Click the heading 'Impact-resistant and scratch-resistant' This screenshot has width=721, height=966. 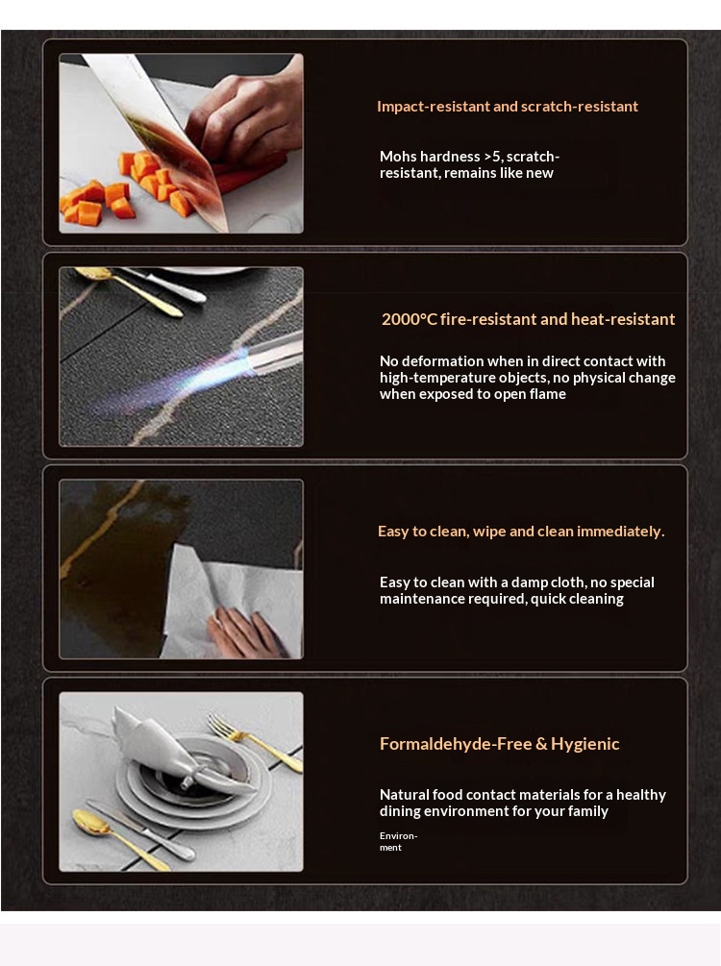click(x=508, y=107)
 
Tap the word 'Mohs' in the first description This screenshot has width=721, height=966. click(x=397, y=157)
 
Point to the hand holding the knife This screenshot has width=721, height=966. click(x=246, y=114)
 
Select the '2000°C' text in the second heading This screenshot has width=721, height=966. click(x=410, y=319)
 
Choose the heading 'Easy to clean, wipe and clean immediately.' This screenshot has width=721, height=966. click(x=521, y=532)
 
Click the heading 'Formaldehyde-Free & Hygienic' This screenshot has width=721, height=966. click(x=499, y=744)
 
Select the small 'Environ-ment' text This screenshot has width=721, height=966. click(x=398, y=842)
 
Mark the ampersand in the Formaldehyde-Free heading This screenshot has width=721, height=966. click(x=541, y=744)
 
